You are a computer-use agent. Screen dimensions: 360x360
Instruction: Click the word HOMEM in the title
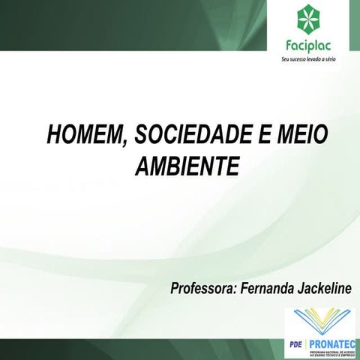click(75, 136)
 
